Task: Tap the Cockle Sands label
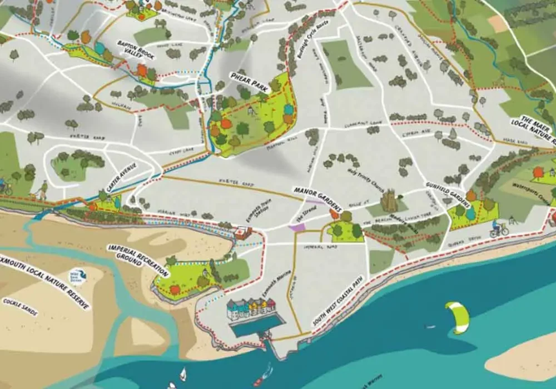point(20,307)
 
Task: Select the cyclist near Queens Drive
point(499,228)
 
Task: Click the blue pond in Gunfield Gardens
point(472,213)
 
